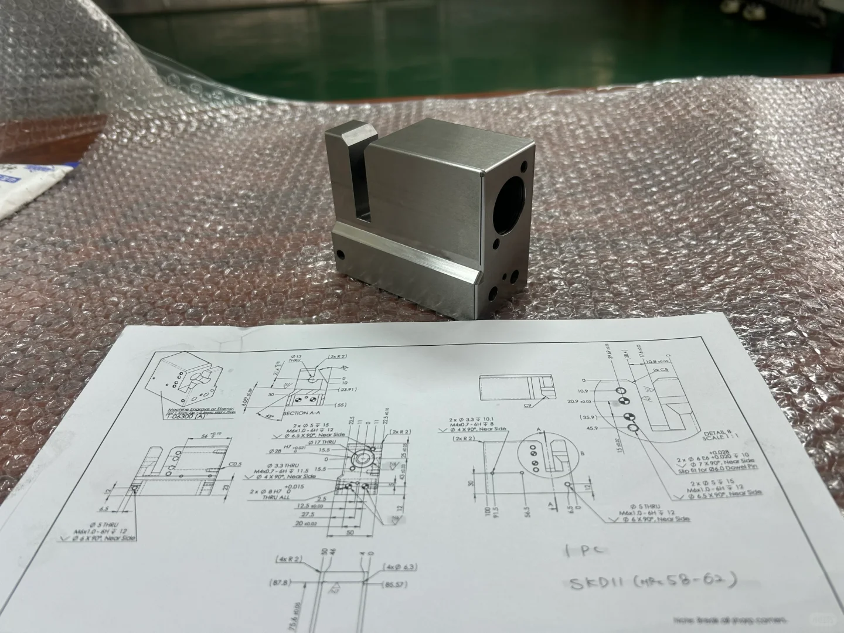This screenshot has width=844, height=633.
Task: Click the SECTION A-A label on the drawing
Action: (x=303, y=413)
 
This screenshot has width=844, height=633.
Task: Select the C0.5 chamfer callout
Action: (x=236, y=464)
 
